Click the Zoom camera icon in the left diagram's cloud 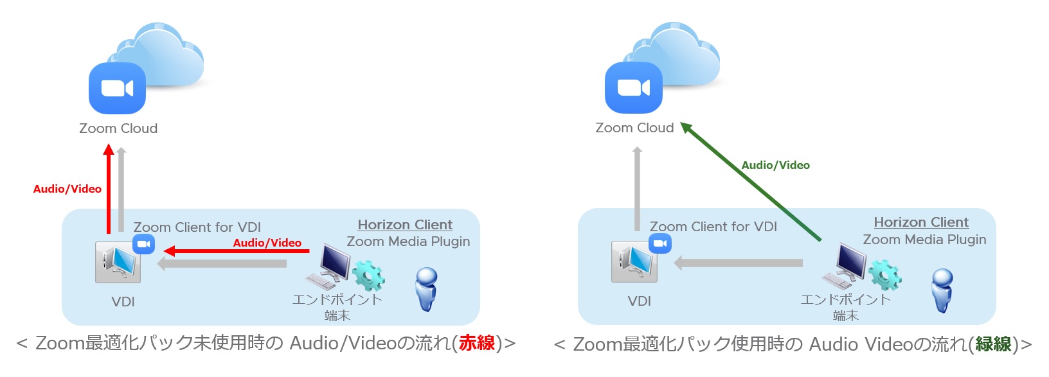click(117, 88)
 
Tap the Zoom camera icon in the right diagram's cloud click(633, 87)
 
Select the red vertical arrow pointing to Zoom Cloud click(109, 189)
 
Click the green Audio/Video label click(775, 165)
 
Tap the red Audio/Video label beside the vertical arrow click(67, 189)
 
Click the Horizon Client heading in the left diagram click(405, 225)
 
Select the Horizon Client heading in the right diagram click(921, 222)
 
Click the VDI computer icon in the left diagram click(118, 263)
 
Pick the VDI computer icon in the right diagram click(634, 262)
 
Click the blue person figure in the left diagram click(426, 289)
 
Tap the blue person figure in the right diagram click(942, 290)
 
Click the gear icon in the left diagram click(368, 276)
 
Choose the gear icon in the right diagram click(885, 274)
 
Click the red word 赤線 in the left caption click(477, 343)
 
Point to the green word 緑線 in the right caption click(994, 344)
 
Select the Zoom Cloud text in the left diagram click(118, 128)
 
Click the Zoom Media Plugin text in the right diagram click(924, 240)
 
